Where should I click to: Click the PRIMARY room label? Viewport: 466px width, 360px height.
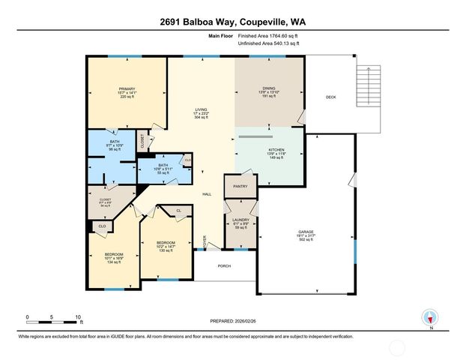[x=126, y=88]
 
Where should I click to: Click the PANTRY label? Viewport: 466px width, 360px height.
[x=240, y=186]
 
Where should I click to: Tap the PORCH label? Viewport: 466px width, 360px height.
[x=224, y=265]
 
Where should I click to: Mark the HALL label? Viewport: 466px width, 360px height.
[x=207, y=193]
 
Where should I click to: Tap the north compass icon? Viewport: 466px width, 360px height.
[x=430, y=316]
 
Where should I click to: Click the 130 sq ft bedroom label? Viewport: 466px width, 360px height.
[x=165, y=250]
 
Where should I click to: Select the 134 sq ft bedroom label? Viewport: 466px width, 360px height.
[x=113, y=263]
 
